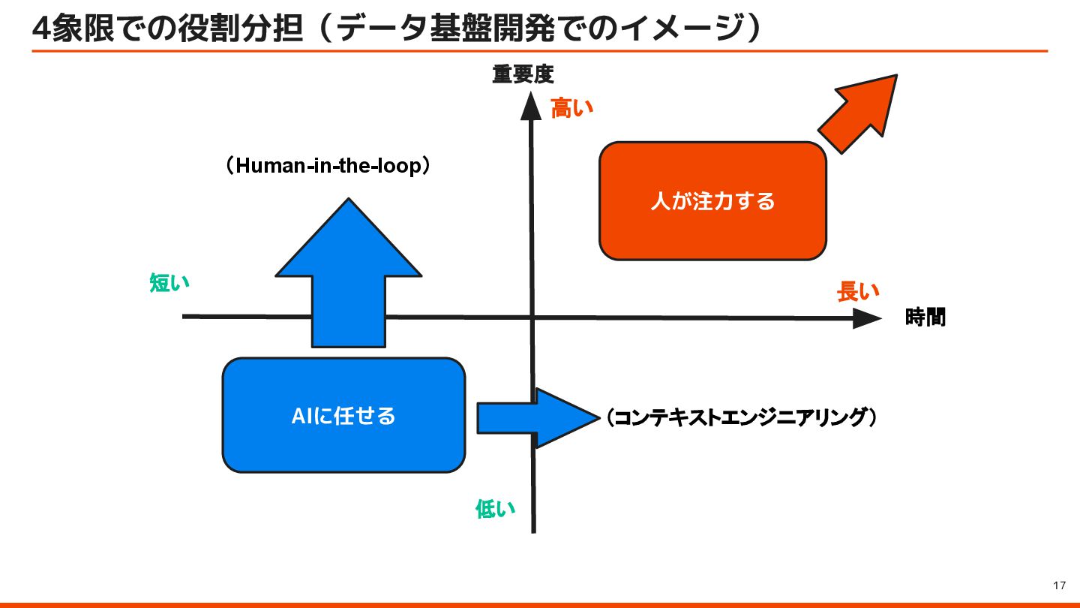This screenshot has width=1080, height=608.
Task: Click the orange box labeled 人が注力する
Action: tap(712, 201)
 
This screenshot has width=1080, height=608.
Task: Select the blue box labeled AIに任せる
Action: tap(343, 415)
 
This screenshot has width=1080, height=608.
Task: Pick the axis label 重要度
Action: tap(523, 74)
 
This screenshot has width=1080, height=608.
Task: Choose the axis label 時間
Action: tap(925, 318)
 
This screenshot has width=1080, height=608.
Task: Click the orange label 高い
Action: tap(572, 109)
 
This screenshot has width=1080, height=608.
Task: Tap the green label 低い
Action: tap(496, 509)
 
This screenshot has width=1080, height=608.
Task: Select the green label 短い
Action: tap(169, 283)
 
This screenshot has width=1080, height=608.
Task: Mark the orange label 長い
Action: tap(858, 292)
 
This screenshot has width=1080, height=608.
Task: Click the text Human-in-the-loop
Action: tap(328, 166)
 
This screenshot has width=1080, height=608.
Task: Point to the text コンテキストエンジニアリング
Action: tap(742, 417)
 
